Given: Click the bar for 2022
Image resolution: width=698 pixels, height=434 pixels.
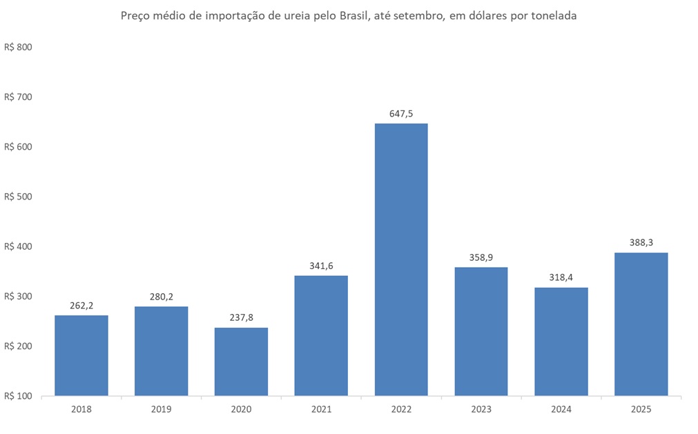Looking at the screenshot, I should (x=401, y=259).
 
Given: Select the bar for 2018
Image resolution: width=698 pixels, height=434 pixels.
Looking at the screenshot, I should (x=81, y=355).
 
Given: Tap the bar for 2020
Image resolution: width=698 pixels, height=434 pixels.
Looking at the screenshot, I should (x=241, y=362).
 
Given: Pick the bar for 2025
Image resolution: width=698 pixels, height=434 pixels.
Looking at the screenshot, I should (x=641, y=324).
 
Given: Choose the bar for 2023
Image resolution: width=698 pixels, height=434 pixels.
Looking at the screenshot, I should (x=481, y=331).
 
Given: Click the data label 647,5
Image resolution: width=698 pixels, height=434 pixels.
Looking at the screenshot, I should (x=401, y=114).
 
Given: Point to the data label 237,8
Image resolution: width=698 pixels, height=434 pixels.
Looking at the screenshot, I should (x=241, y=318).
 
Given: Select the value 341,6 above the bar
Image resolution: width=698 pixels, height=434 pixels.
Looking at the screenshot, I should (x=321, y=266).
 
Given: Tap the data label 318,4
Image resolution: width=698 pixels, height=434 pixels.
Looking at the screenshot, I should (x=561, y=278).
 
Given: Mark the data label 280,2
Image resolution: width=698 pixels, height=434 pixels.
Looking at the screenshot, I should (x=162, y=297).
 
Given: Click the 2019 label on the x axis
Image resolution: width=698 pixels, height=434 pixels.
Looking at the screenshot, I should (x=162, y=409).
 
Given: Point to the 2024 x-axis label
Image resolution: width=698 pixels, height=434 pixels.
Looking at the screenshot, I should (x=561, y=409).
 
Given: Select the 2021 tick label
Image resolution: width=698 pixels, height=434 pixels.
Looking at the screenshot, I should (x=321, y=409).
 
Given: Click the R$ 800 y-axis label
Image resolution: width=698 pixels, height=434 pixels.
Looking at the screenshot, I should (x=19, y=48).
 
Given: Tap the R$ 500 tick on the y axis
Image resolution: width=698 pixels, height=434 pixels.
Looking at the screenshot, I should (x=19, y=197).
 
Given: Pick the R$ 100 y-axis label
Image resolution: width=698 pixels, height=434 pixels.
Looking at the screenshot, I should (x=19, y=396).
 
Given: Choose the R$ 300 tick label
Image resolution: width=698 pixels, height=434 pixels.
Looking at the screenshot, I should (x=19, y=297).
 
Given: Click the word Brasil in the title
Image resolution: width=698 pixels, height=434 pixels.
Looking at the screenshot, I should (x=356, y=16).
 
